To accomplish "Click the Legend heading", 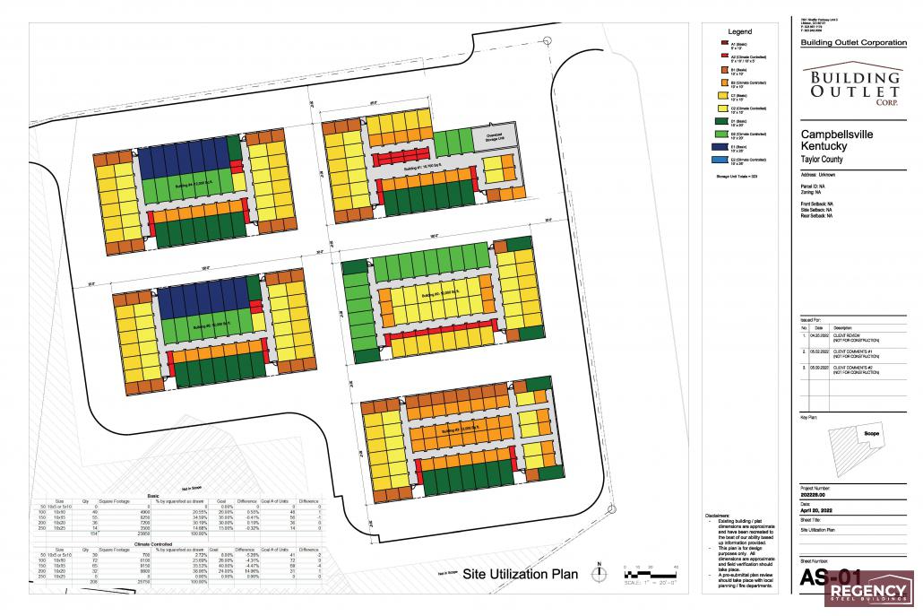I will point(739,31).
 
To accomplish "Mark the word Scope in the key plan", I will point(871,434).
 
